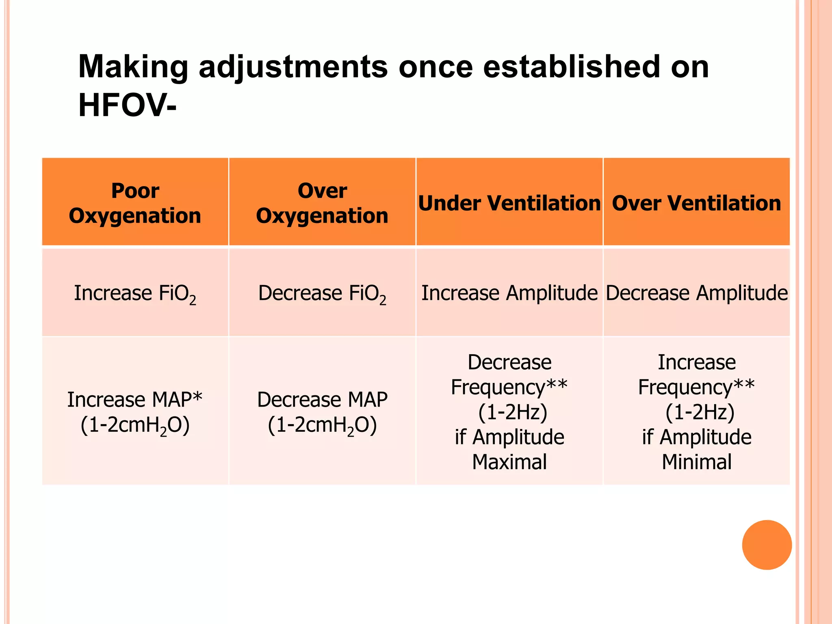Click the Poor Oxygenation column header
[135, 203]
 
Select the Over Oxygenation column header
[322, 203]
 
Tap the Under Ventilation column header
[509, 203]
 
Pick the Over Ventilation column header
[696, 203]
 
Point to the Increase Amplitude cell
[509, 293]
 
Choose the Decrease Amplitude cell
[696, 293]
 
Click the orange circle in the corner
[767, 545]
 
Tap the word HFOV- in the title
[127, 105]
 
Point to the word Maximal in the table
[509, 462]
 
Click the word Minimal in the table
[696, 462]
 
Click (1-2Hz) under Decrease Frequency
[513, 412]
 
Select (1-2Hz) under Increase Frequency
[700, 412]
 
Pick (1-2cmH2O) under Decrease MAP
[322, 425]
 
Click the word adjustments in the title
[293, 67]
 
